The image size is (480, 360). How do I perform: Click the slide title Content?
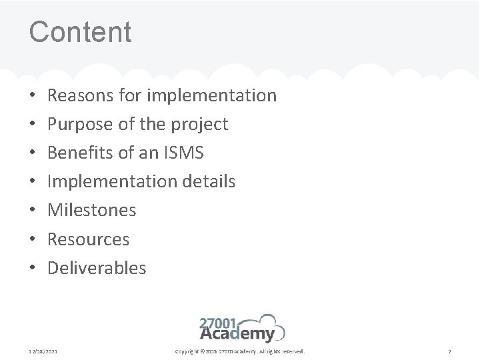[80, 31]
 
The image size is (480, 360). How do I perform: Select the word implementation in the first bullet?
[211, 95]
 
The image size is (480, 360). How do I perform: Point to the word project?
[199, 125]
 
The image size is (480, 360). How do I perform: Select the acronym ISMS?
[183, 153]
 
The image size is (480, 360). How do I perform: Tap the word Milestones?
[92, 210]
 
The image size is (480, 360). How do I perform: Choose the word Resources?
[89, 239]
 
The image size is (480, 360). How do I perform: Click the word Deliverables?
[97, 267]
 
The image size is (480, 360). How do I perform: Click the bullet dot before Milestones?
[33, 211]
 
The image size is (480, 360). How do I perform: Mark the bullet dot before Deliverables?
[33, 268]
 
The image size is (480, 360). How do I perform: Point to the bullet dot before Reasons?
[33, 96]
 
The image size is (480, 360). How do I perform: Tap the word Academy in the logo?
[237, 335]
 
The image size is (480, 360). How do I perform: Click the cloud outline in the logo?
[272, 324]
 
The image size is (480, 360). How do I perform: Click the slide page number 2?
[450, 351]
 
